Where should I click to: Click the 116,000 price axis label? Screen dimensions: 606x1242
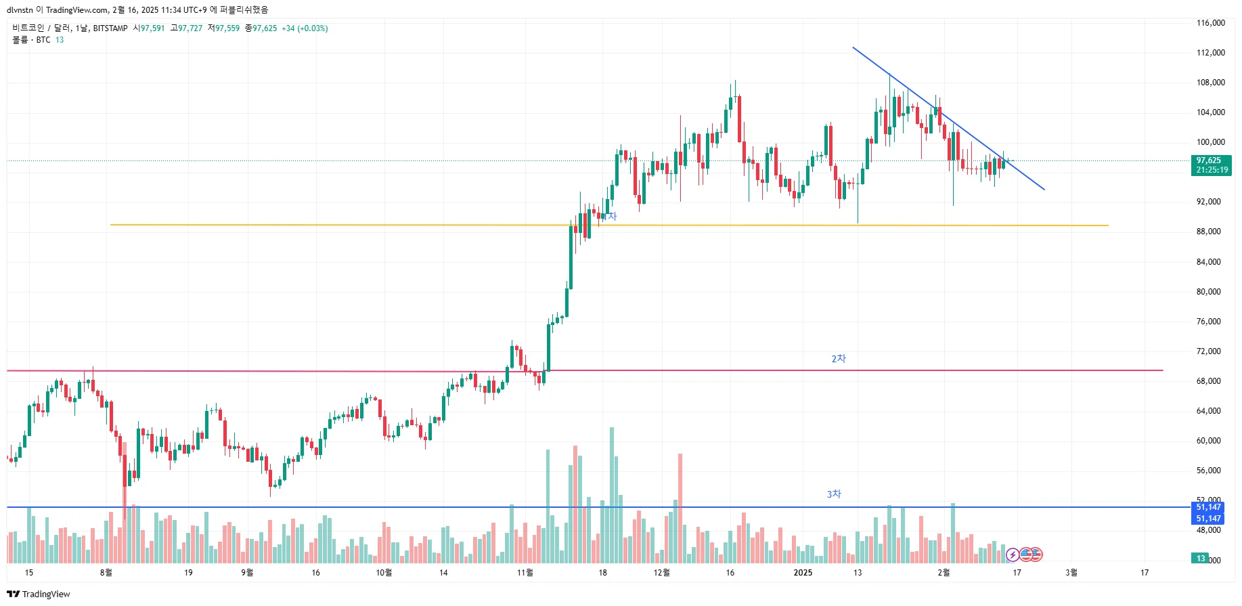point(1210,23)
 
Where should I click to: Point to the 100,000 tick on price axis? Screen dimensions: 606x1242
point(1210,142)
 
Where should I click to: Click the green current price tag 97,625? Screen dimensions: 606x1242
point(1211,161)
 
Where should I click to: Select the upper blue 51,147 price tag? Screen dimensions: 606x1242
point(1208,507)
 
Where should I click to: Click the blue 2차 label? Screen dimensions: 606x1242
point(839,359)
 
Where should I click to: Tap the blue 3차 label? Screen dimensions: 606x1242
point(834,494)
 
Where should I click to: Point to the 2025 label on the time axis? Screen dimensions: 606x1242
point(803,573)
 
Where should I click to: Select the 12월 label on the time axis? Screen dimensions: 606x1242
point(661,573)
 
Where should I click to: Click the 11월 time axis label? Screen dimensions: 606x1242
point(525,573)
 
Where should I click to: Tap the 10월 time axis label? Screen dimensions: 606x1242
point(384,573)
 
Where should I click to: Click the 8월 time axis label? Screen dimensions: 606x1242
point(106,573)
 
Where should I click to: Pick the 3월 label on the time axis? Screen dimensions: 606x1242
point(1071,573)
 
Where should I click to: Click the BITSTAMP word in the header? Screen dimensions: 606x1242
point(110,28)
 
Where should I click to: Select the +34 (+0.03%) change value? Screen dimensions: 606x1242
point(305,28)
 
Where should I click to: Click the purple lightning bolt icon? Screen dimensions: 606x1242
point(1013,555)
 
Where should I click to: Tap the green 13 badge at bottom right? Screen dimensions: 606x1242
point(1201,559)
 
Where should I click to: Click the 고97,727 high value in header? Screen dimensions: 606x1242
point(186,28)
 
